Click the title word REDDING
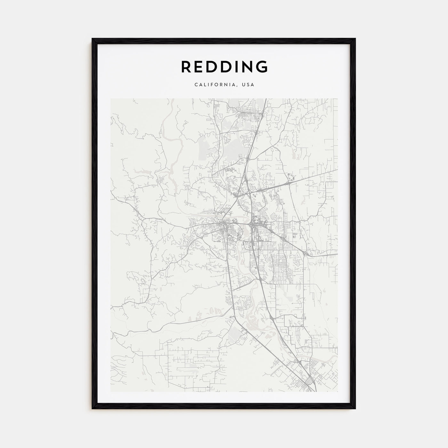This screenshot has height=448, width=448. pyautogui.click(x=224, y=67)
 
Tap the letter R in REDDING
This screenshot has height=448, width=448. pyautogui.click(x=186, y=67)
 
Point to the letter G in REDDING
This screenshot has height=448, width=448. pyautogui.click(x=262, y=67)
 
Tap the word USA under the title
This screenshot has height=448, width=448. pyautogui.click(x=248, y=85)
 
